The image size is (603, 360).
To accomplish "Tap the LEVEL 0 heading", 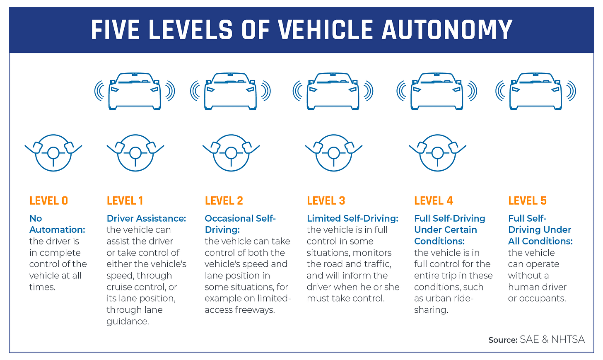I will click(x=48, y=201).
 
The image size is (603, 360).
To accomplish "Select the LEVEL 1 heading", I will click(x=125, y=201).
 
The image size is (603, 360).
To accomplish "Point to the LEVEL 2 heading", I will click(x=224, y=201).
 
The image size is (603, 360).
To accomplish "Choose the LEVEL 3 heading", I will click(x=326, y=201).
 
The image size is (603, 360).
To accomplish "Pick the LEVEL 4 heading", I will click(x=434, y=201).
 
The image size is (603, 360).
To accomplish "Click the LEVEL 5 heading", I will click(x=527, y=201).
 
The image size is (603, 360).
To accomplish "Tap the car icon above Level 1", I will click(x=135, y=91).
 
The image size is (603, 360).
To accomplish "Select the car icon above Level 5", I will click(x=535, y=91).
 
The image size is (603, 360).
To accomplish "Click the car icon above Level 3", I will click(x=333, y=91).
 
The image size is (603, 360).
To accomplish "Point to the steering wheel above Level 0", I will click(x=53, y=153).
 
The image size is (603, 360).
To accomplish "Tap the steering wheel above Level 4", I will click(x=437, y=153).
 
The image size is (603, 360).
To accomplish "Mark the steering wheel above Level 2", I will click(x=231, y=153).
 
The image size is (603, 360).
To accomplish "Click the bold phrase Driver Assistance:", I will click(x=146, y=218).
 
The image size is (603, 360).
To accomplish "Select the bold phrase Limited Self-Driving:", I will click(x=352, y=218).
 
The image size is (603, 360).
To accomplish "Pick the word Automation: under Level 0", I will click(x=57, y=230).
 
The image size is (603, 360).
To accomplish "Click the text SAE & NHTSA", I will click(x=552, y=340).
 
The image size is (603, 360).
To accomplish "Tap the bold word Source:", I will click(x=503, y=340).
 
